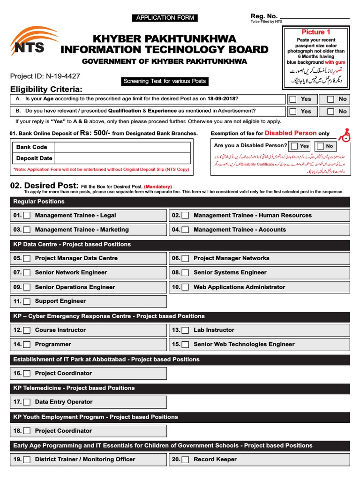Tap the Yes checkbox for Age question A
(293, 99)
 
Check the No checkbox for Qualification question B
(330, 112)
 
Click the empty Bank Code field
(122, 147)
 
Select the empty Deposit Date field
(122, 158)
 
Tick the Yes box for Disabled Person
(294, 146)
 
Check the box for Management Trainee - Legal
(27, 216)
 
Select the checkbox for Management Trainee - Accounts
(186, 230)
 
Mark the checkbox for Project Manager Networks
(186, 258)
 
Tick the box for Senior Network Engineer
(27, 273)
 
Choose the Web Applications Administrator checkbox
(186, 287)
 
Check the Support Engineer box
(27, 301)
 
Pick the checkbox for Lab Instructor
(186, 330)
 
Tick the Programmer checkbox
(27, 345)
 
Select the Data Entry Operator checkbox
(27, 402)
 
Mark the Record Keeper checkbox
(186, 460)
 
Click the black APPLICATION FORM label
(165, 18)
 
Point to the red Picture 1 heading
(315, 32)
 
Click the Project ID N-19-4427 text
(45, 76)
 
